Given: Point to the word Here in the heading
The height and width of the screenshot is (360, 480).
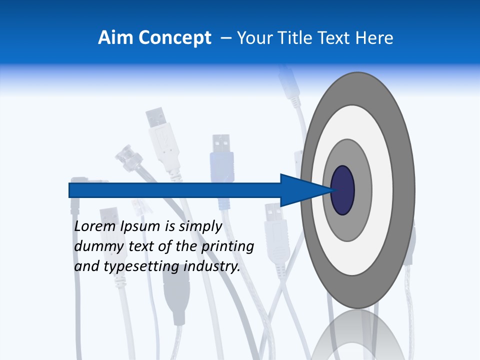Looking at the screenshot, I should tap(375, 37).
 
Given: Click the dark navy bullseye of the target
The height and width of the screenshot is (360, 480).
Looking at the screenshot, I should tap(342, 190).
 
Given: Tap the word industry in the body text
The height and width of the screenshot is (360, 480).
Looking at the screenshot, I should tap(212, 267).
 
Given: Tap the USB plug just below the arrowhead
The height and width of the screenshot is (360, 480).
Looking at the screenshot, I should tap(274, 225).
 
